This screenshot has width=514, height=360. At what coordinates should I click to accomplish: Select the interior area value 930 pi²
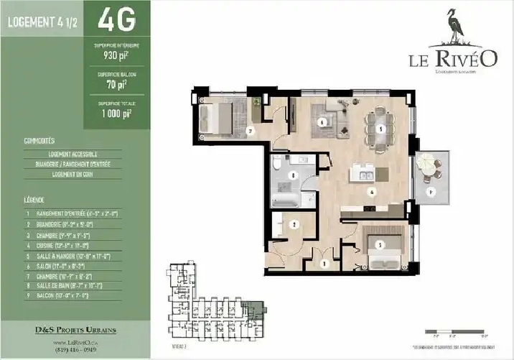116,54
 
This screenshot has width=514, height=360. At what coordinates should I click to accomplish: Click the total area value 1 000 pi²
116,113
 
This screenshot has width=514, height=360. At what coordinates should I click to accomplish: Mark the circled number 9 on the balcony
431,193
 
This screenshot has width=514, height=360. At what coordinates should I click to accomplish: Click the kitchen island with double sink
368,175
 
